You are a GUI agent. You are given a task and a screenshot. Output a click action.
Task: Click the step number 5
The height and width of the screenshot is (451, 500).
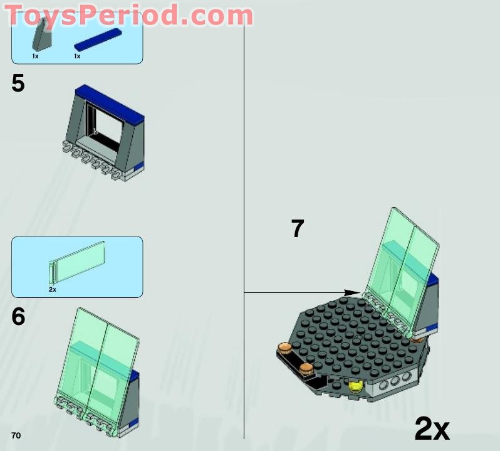coord(18,83)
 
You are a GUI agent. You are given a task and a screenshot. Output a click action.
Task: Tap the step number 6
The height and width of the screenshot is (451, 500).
coord(18,317)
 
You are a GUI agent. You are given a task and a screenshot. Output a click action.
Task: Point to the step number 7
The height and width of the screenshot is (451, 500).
coord(298,229)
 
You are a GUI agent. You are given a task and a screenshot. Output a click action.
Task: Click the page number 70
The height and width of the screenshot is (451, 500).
coord(16,435)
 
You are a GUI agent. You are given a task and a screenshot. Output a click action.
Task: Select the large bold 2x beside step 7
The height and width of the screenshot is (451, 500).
coord(432,429)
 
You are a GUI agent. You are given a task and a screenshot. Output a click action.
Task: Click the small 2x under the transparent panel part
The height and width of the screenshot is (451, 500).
coord(53,290)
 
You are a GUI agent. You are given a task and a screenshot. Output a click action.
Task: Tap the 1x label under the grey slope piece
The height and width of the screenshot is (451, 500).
coord(36,56)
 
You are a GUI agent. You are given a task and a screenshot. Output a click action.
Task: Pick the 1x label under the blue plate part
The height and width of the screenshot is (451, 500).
coord(77,56)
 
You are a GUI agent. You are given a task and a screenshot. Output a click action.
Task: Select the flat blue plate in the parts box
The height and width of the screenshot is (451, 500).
coord(97,39)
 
